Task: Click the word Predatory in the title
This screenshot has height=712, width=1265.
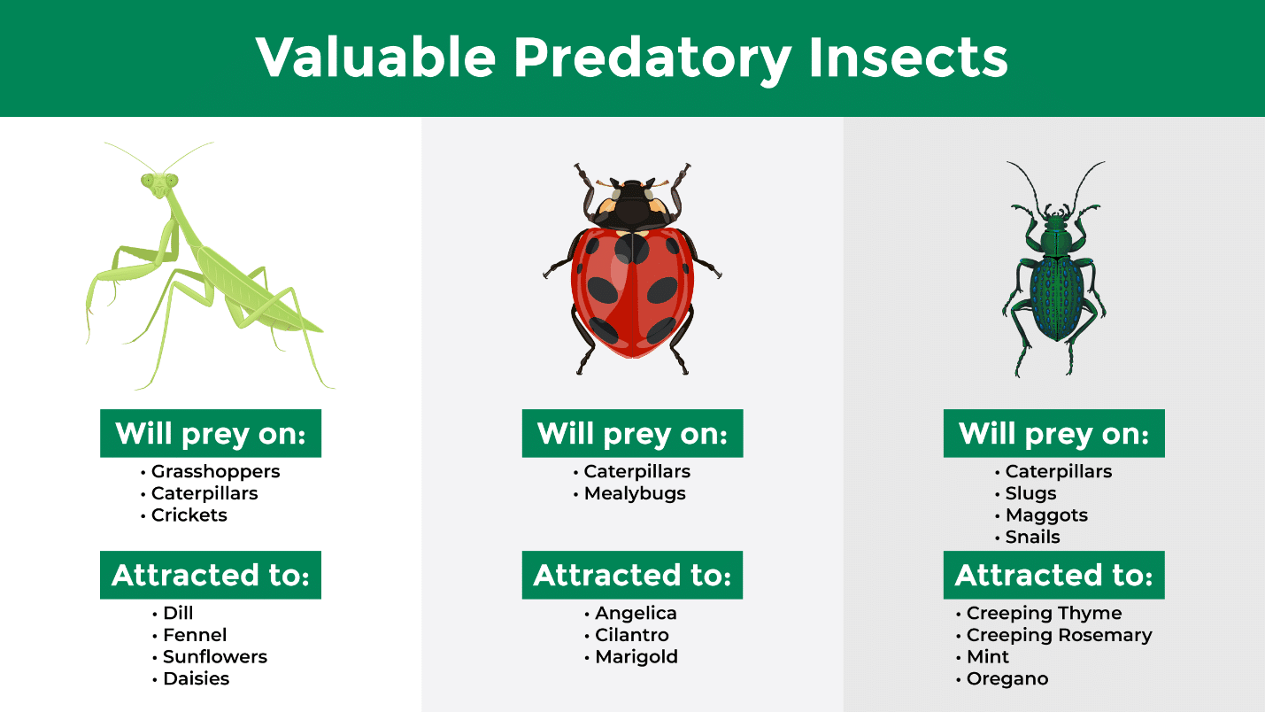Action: [x=652, y=58]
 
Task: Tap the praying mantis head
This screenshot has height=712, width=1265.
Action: [x=159, y=184]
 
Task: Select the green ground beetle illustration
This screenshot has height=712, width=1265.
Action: [x=1054, y=269]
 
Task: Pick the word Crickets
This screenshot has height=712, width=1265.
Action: [x=189, y=515]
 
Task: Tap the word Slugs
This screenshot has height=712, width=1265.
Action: [x=1030, y=493]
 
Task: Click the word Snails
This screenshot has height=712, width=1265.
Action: [x=1033, y=537]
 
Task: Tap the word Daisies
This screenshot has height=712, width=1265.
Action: [x=196, y=678]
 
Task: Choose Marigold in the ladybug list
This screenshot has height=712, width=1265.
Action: [x=636, y=657]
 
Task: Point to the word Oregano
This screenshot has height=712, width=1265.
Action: [x=1007, y=679]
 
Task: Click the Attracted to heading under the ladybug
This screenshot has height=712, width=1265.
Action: [x=632, y=576]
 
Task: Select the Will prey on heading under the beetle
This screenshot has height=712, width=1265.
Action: [x=1053, y=433]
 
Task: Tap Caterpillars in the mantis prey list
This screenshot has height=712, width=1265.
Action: [x=204, y=493]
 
